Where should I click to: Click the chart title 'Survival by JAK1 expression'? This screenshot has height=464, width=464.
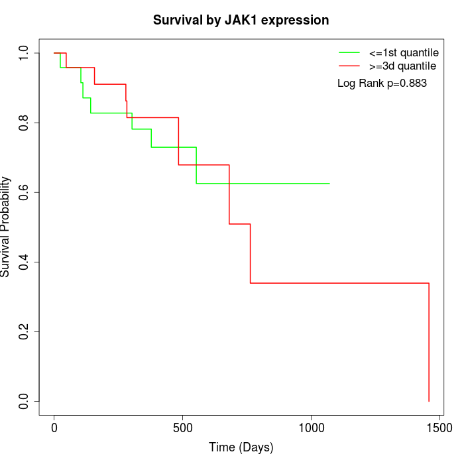(241, 20)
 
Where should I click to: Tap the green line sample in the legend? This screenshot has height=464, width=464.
(349, 52)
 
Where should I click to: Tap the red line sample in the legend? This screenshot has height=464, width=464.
(349, 66)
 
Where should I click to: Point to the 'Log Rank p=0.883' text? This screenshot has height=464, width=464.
(382, 84)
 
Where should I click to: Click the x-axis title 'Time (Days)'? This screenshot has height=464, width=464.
(241, 447)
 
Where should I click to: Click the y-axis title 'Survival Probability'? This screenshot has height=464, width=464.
(6, 227)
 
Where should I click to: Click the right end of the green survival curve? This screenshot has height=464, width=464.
(329, 183)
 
